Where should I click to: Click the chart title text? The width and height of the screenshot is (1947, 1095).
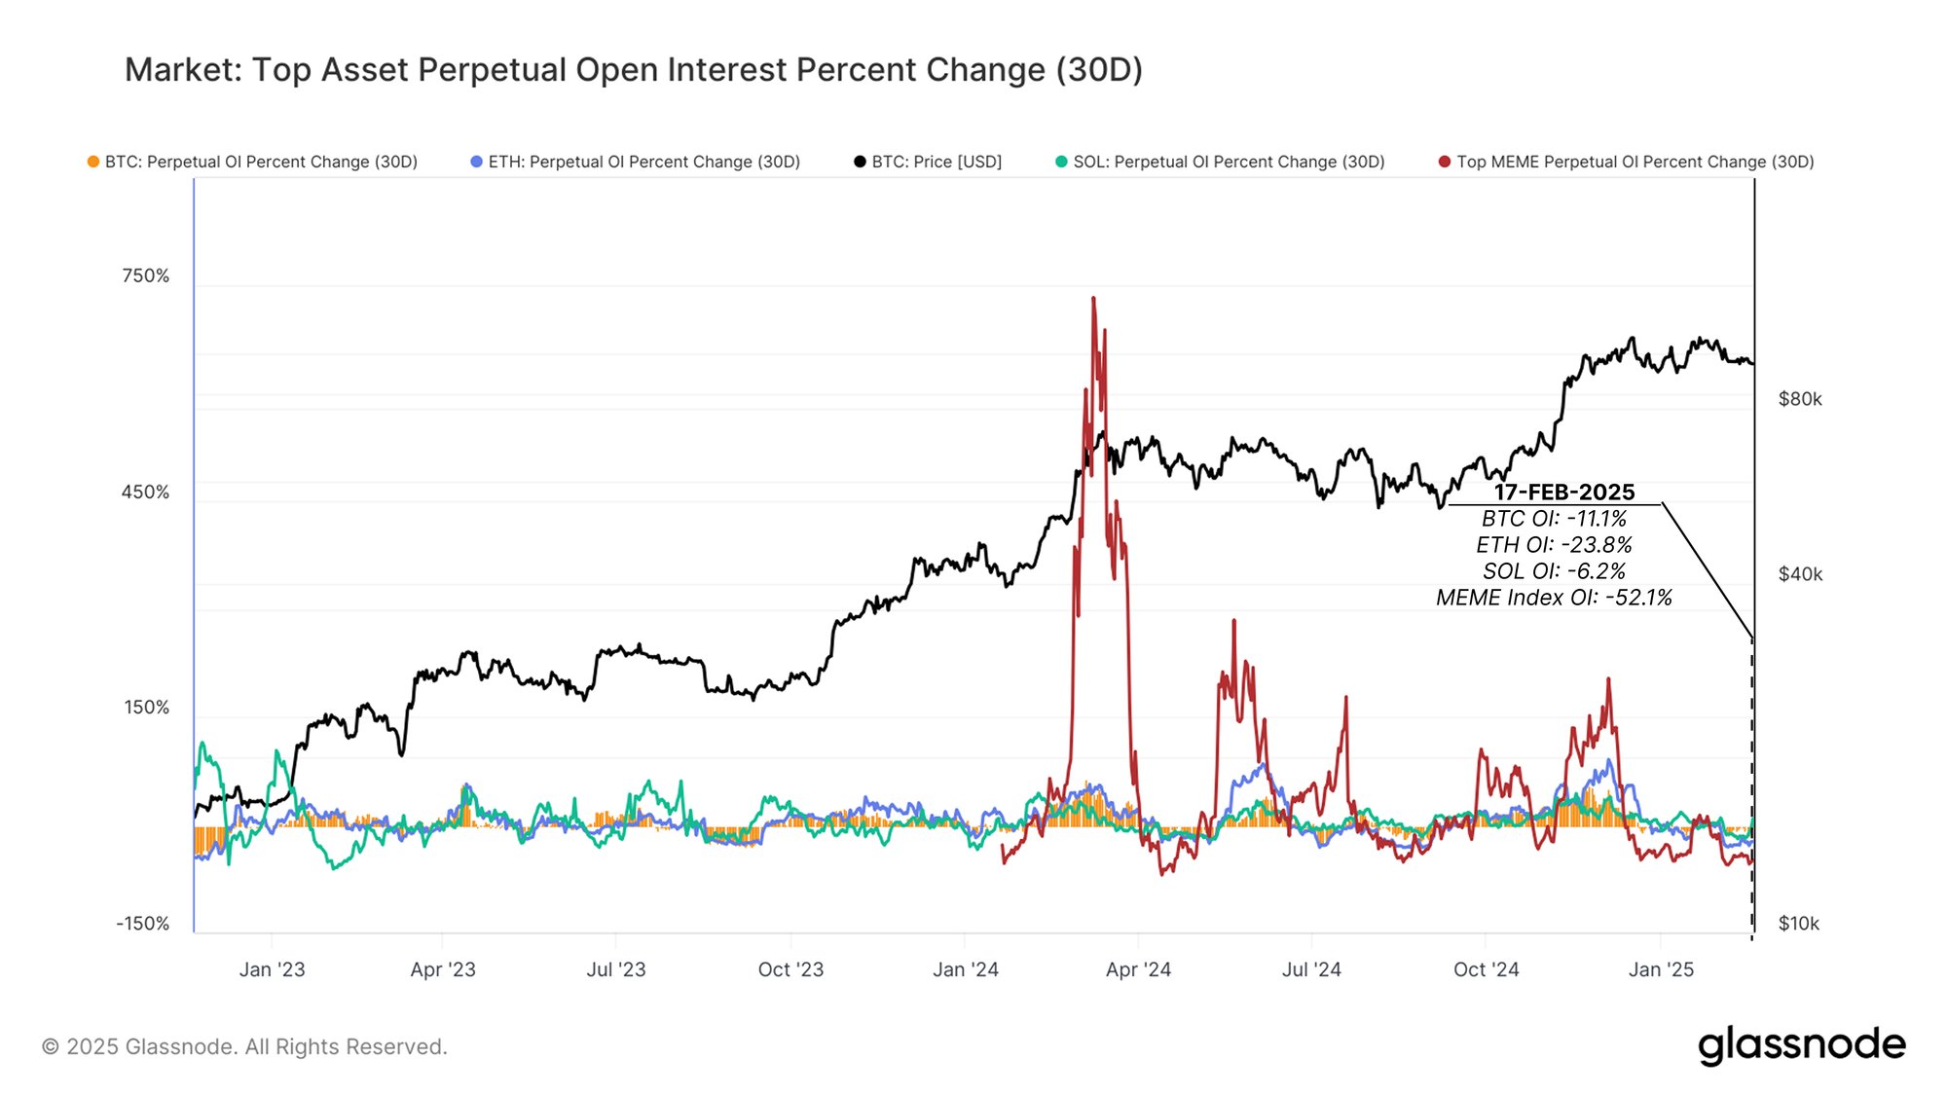coord(633,70)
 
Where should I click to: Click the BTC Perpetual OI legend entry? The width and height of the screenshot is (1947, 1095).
coord(253,162)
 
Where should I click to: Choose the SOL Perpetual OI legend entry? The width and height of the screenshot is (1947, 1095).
coord(1221,162)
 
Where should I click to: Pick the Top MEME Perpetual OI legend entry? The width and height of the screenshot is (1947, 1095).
coord(1627,162)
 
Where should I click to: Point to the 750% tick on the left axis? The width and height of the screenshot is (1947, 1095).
coord(145,275)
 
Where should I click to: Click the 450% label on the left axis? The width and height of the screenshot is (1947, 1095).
coord(145,492)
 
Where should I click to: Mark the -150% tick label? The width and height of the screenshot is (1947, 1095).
coord(142,923)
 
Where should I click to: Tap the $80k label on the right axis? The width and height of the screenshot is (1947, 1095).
coord(1800,399)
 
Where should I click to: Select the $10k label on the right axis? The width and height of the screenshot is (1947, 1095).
coord(1798,923)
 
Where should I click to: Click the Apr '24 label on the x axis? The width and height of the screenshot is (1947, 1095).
coord(1138,969)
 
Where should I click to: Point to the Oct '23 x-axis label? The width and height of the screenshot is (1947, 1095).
coord(790,969)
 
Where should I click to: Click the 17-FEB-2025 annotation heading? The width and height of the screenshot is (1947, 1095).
coord(1564,492)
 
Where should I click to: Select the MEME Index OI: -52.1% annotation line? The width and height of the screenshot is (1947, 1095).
coord(1554,598)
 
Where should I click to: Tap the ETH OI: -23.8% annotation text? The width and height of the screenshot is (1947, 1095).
coord(1554,545)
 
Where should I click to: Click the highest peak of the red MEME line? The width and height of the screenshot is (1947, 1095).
coord(1093,299)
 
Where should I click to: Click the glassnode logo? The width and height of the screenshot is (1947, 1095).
coord(1802,1045)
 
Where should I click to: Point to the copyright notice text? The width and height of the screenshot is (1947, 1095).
coord(244,1046)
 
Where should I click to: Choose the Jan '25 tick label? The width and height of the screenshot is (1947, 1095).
coord(1661,969)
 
